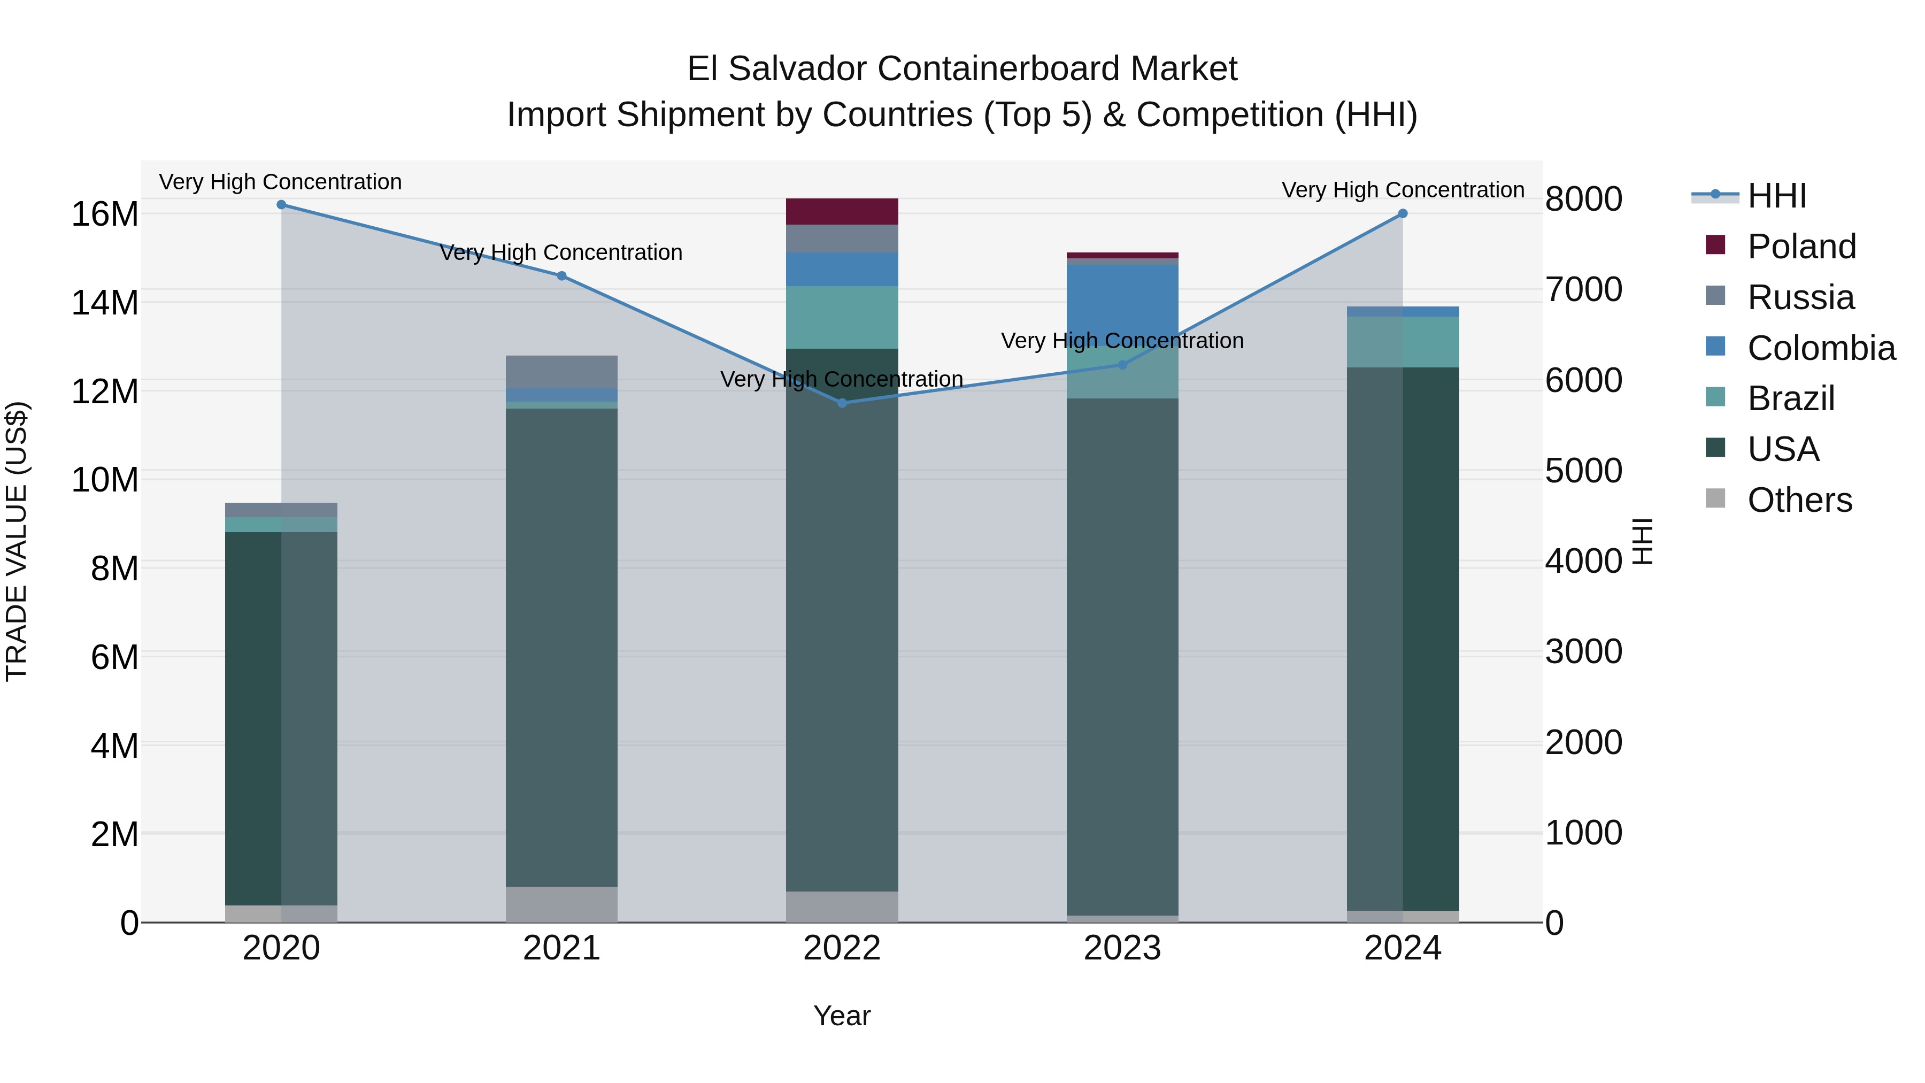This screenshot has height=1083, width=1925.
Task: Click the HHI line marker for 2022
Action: click(x=842, y=403)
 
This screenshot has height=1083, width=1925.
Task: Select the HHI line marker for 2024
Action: click(x=1403, y=214)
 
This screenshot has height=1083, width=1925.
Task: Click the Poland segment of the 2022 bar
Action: click(x=842, y=211)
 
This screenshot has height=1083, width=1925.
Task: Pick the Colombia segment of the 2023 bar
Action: click(x=1122, y=299)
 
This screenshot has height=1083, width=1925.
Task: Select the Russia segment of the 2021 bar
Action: click(x=562, y=372)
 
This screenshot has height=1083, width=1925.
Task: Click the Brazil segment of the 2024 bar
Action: click(x=1403, y=342)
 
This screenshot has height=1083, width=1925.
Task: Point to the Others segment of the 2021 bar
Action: click(x=562, y=904)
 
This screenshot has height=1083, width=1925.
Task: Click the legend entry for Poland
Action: click(x=1801, y=247)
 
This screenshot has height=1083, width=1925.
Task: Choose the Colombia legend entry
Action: click(x=1820, y=348)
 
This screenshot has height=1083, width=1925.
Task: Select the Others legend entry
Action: click(x=1799, y=500)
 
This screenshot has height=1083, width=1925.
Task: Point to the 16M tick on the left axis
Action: click(x=105, y=214)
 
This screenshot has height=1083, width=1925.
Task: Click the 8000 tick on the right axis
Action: click(x=1583, y=199)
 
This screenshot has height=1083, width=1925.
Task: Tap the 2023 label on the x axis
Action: click(x=1122, y=948)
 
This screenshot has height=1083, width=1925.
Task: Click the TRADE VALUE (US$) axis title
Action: click(x=17, y=542)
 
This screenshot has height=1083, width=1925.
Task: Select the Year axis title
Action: click(x=842, y=1016)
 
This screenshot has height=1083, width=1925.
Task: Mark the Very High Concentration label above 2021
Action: click(x=561, y=252)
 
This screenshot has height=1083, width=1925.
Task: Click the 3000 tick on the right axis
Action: click(x=1583, y=652)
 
